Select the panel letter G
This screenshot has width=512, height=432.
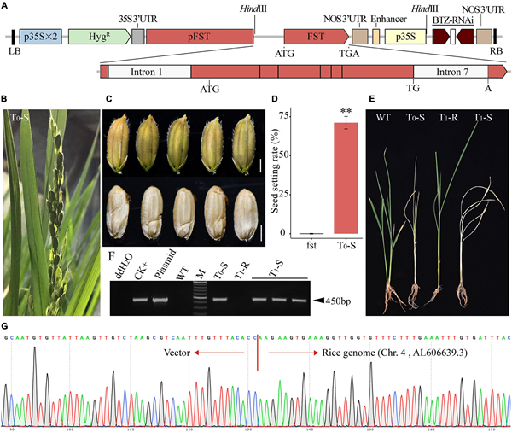(7, 327)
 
